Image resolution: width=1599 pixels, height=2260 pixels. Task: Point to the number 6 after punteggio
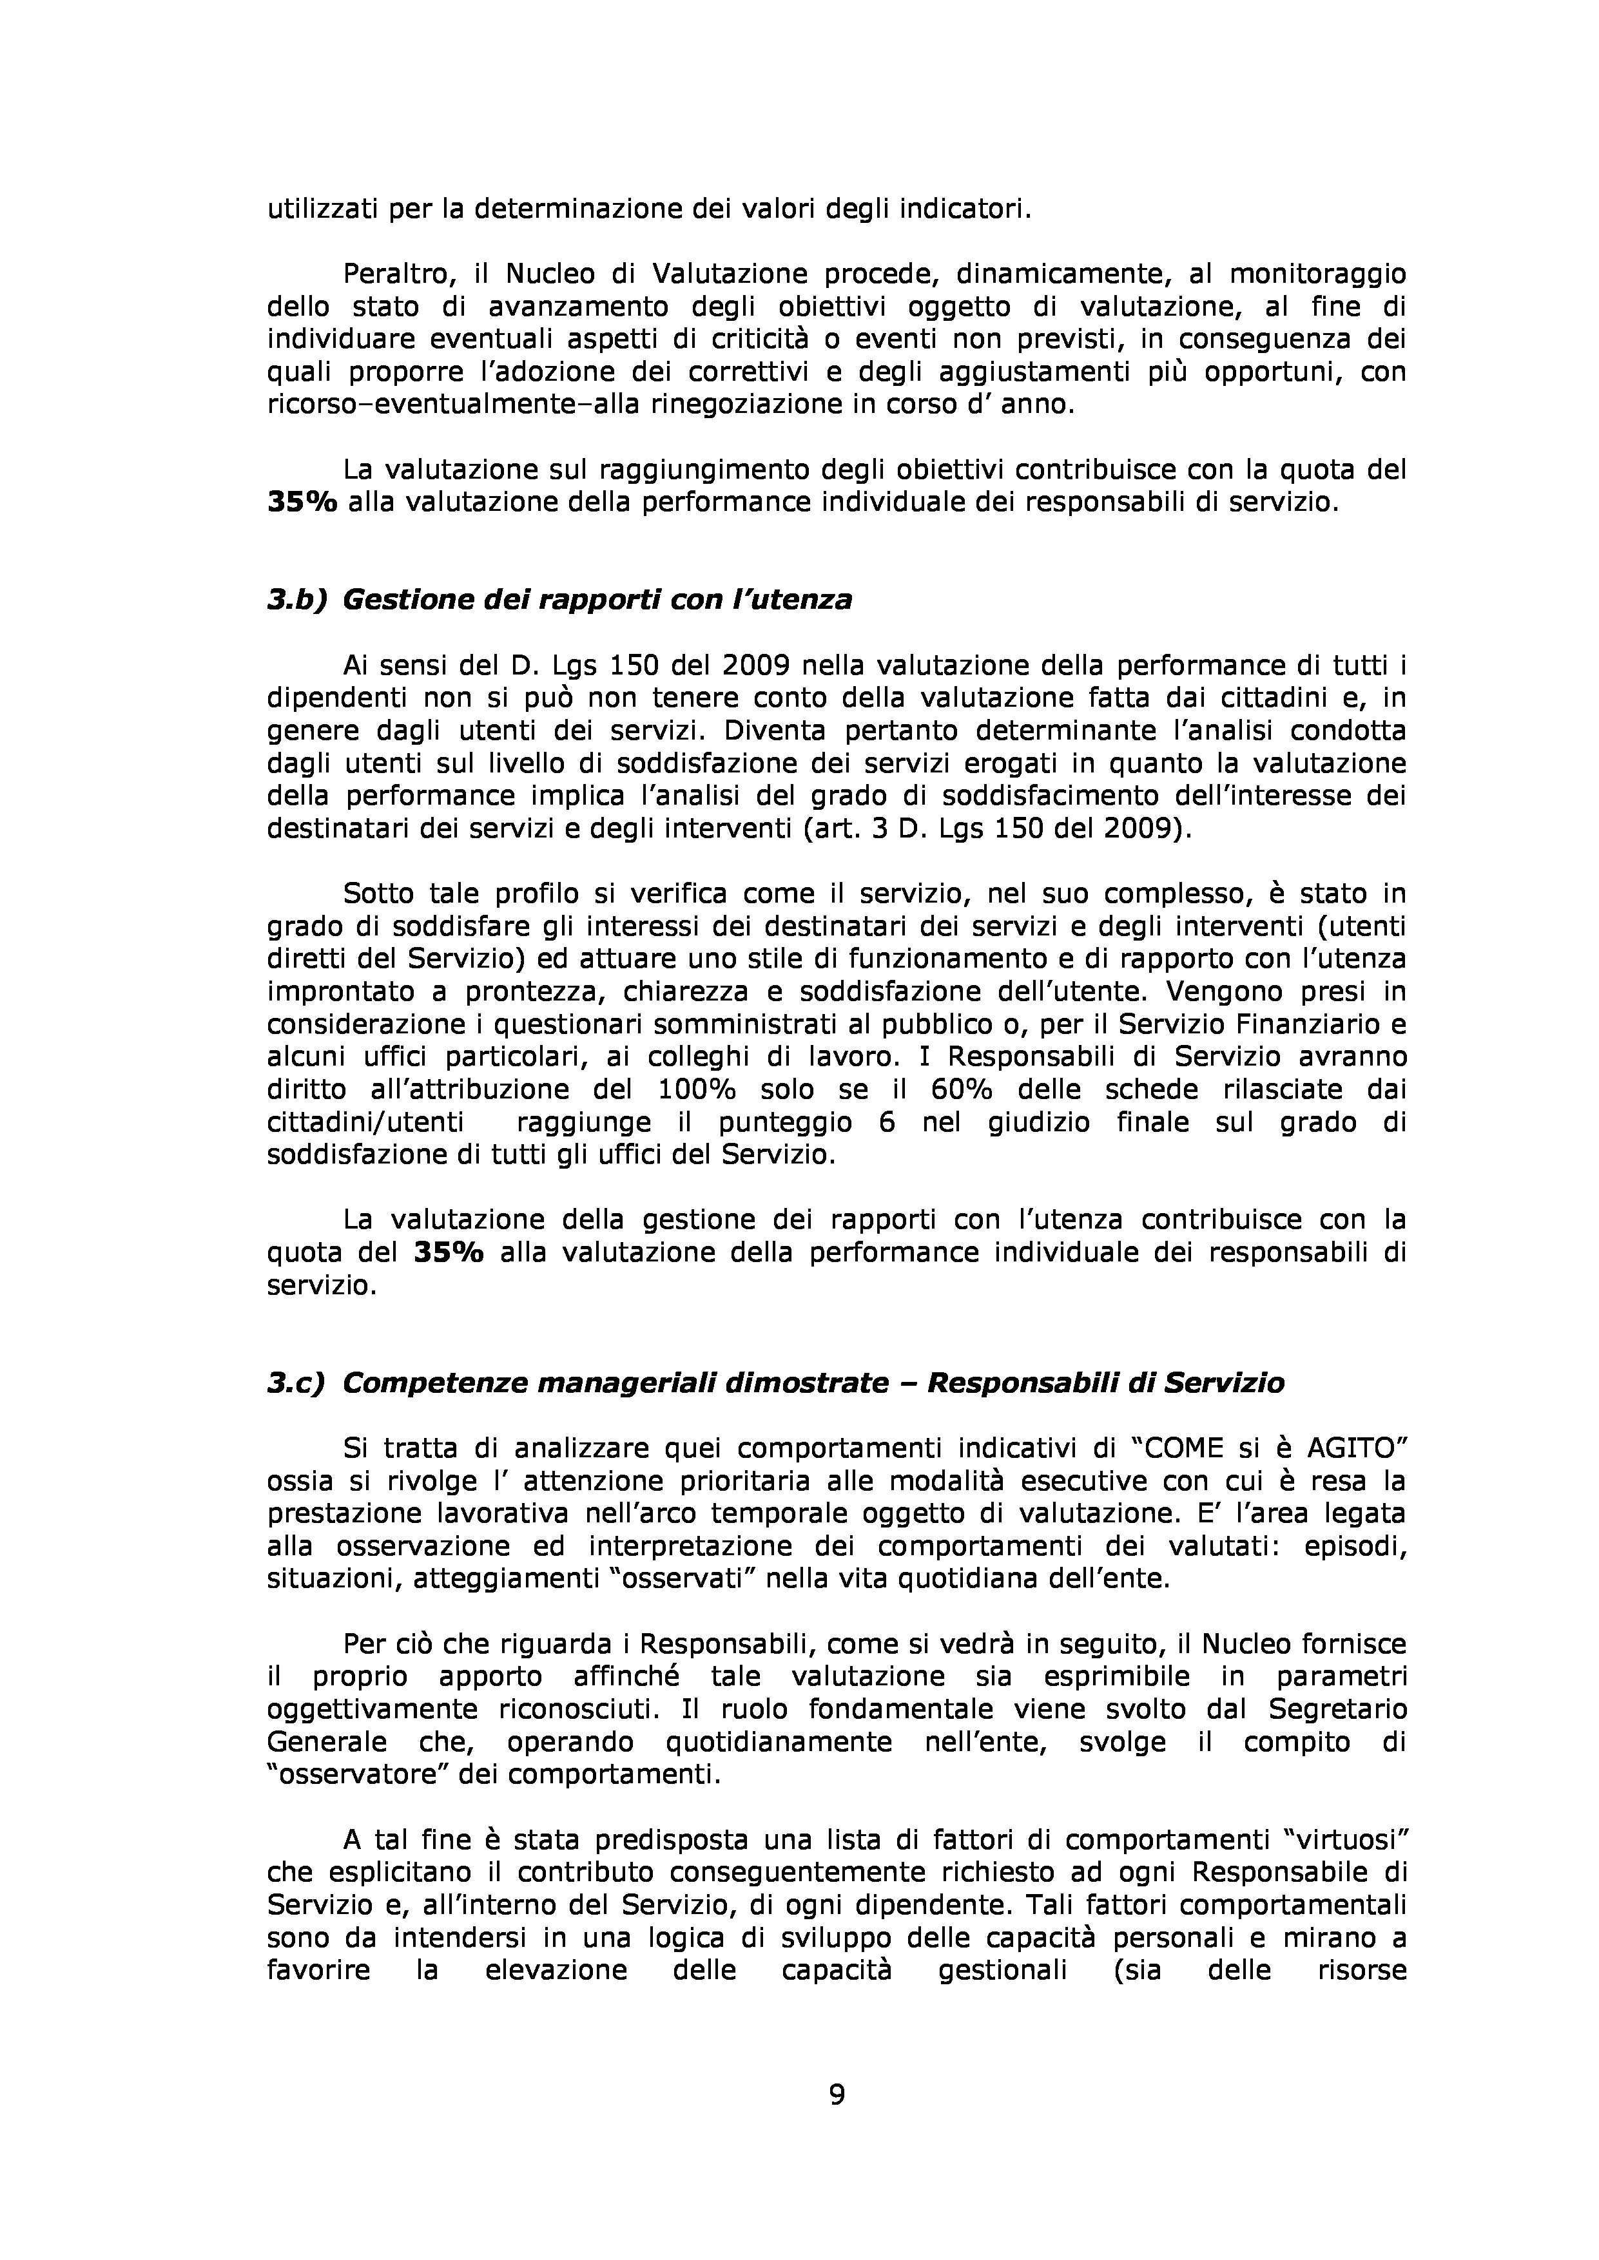pyautogui.click(x=887, y=1122)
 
